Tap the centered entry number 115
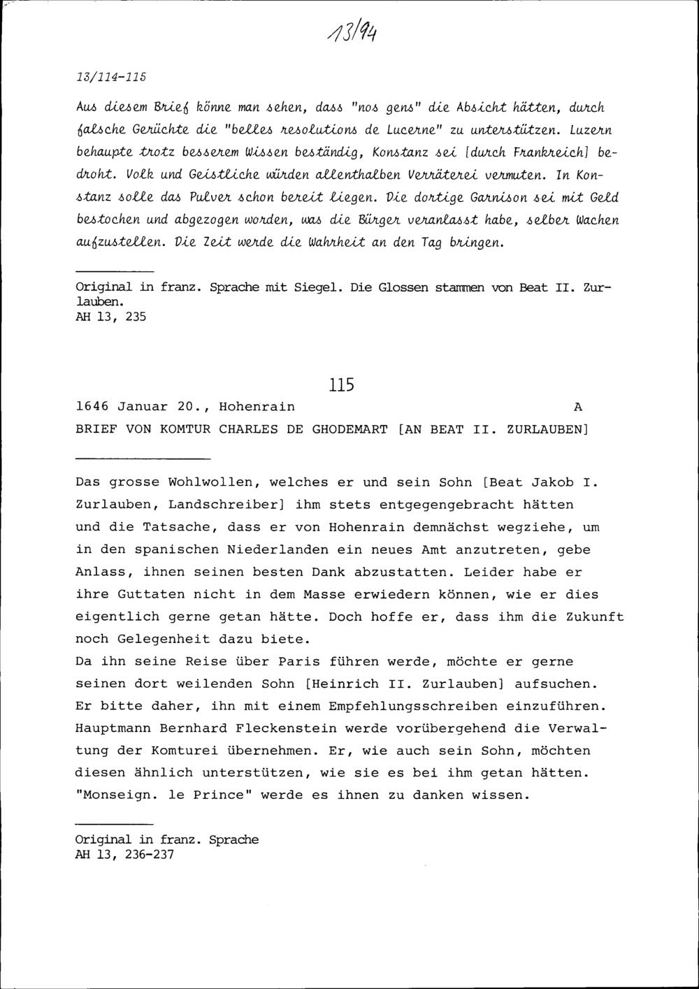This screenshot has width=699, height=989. point(341,384)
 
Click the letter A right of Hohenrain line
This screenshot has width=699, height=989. point(577,407)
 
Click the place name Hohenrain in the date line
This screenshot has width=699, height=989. point(257,407)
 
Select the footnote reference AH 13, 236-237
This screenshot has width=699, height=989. point(124,855)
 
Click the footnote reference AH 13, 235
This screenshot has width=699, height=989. point(110,317)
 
